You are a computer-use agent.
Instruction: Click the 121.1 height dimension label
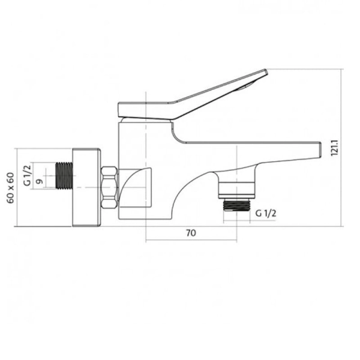tap(334, 148)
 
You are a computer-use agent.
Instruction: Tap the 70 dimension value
tap(191, 233)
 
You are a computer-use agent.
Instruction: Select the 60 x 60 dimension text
tap(11, 188)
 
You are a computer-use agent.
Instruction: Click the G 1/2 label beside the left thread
tap(27, 175)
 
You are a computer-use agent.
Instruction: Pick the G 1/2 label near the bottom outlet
tap(266, 214)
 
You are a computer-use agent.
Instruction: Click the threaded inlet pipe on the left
tap(64, 176)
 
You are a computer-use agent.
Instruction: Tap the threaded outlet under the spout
tap(237, 205)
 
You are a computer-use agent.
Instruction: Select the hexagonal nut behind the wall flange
tap(110, 188)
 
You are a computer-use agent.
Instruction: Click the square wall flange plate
tap(86, 187)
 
